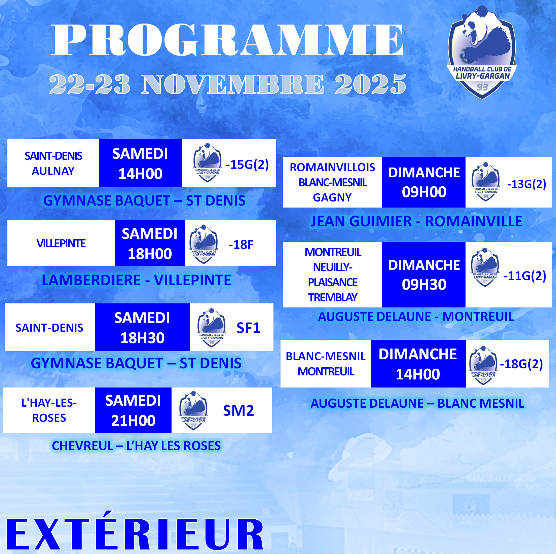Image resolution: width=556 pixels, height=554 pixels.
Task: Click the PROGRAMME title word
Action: tap(228, 40)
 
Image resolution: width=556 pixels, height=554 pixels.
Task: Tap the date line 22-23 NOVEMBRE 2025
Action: tap(228, 84)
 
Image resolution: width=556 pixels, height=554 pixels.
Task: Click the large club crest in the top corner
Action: tap(482, 52)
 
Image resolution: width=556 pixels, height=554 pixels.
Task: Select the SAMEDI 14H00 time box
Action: tap(141, 163)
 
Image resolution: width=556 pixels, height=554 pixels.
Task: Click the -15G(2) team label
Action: tap(247, 164)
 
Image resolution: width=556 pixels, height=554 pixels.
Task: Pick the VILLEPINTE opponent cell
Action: tap(61, 243)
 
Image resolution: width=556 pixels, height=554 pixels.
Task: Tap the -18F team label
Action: tap(241, 245)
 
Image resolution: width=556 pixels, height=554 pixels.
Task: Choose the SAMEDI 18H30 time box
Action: tap(142, 327)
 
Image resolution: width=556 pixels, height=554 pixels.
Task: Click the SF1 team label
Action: tap(248, 328)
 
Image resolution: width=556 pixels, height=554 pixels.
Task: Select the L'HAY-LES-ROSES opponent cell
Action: tap(49, 410)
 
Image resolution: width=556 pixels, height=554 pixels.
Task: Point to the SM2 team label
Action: tap(238, 411)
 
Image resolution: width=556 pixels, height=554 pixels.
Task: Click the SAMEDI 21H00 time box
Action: tap(133, 410)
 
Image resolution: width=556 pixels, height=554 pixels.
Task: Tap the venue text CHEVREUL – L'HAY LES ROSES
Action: tap(136, 446)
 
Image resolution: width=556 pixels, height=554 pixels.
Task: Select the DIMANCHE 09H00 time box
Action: tap(424, 182)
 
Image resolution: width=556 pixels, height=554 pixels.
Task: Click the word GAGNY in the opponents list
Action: tap(332, 197)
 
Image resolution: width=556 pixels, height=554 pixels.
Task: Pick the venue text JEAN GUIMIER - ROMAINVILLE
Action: tap(416, 221)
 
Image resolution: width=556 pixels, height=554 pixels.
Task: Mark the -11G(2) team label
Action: tap(524, 276)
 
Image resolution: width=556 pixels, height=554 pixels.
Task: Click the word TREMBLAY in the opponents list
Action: tap(333, 297)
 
